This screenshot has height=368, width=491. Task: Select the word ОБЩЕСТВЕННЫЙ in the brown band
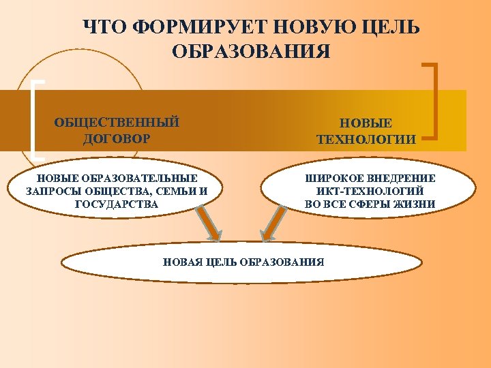[117, 123]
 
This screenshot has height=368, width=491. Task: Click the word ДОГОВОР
[117, 139]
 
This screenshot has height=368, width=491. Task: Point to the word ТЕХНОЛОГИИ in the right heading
[366, 140]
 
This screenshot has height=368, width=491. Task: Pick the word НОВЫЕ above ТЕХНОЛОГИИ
[366, 123]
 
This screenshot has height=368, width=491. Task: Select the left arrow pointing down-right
[207, 225]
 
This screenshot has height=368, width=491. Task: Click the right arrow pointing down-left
[272, 224]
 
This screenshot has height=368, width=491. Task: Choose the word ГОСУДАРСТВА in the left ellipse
[117, 204]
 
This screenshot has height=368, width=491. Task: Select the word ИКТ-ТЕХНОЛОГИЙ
[370, 191]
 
